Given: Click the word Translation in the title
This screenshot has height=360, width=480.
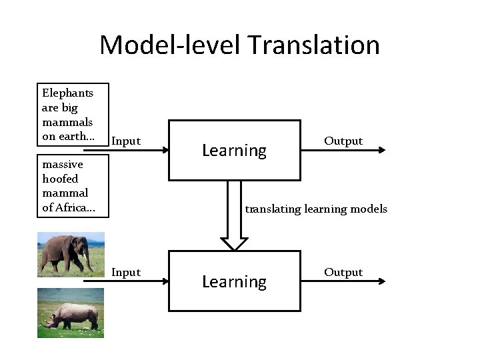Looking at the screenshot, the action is tap(313, 45).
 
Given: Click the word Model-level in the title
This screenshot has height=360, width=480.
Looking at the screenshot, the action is tap(171, 45).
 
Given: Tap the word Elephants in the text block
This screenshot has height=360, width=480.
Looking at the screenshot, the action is tap(67, 93).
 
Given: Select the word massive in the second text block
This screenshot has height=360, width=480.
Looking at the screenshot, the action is tap(62, 164).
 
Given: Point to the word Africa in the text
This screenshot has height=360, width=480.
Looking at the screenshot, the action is tap(75, 208).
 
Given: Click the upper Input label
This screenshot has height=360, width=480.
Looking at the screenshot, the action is tap(126, 141).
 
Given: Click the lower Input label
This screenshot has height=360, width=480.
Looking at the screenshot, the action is tap(126, 272).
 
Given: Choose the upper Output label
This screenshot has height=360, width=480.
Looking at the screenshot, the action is tap(343, 141).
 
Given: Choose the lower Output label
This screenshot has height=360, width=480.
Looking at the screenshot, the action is tap(343, 272).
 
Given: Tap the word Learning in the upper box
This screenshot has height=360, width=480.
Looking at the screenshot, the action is tap(234, 151).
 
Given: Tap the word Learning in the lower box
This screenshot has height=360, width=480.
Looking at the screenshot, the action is tap(234, 282).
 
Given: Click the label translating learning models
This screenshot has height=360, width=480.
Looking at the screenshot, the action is tap(316, 209).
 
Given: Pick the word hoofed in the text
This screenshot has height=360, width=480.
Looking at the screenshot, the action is tap(60, 179).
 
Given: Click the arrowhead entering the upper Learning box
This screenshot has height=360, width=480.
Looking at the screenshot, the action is tap(165, 151).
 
